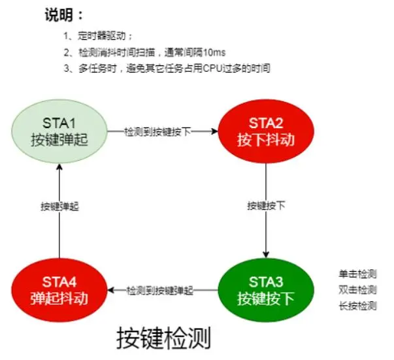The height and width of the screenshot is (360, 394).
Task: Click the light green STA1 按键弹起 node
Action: click(x=59, y=131)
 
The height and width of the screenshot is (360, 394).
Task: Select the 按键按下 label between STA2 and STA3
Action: click(x=265, y=205)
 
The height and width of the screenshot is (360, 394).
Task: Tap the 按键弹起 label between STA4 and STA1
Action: click(x=59, y=205)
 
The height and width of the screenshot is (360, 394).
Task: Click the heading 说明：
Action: click(x=64, y=14)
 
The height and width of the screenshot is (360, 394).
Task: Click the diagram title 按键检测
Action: click(x=164, y=338)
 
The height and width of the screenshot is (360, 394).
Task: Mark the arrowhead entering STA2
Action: click(x=215, y=131)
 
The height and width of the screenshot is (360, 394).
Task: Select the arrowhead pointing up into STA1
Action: click(x=59, y=167)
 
